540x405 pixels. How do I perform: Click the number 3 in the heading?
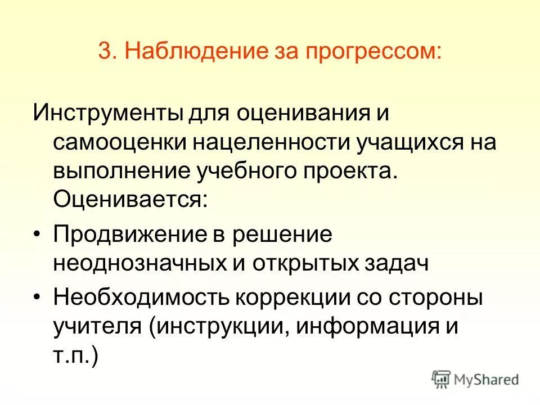(104, 52)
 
